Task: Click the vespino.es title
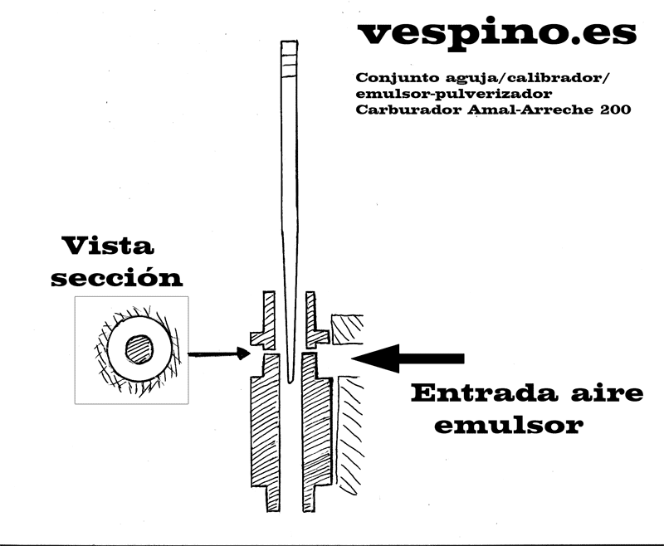[497, 34]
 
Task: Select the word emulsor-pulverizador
[454, 94]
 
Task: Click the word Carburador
[408, 110]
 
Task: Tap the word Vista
[108, 246]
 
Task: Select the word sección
[117, 277]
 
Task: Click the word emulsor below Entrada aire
[509, 425]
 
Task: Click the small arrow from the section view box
[219, 353]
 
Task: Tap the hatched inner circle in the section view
[139, 349]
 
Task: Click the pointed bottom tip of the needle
[290, 383]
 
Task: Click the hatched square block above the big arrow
[347, 329]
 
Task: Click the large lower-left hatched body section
[266, 431]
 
